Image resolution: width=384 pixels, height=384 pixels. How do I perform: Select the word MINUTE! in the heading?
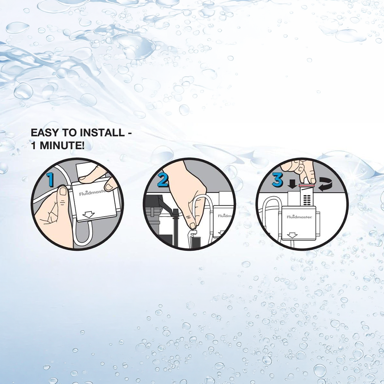pos(62,145)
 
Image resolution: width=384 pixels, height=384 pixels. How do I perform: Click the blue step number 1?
pos(50,179)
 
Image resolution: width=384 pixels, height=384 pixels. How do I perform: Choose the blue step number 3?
pos(277,180)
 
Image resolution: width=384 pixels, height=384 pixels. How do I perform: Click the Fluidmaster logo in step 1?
pos(92,193)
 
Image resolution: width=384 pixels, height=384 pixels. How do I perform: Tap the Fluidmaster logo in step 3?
pos(299,217)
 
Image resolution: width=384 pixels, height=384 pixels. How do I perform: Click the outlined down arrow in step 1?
pos(89,214)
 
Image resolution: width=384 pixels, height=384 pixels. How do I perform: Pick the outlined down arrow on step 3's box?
pos(292,235)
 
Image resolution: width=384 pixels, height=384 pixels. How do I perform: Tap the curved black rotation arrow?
pos(325,184)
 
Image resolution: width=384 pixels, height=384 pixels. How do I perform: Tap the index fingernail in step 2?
pos(193,225)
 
